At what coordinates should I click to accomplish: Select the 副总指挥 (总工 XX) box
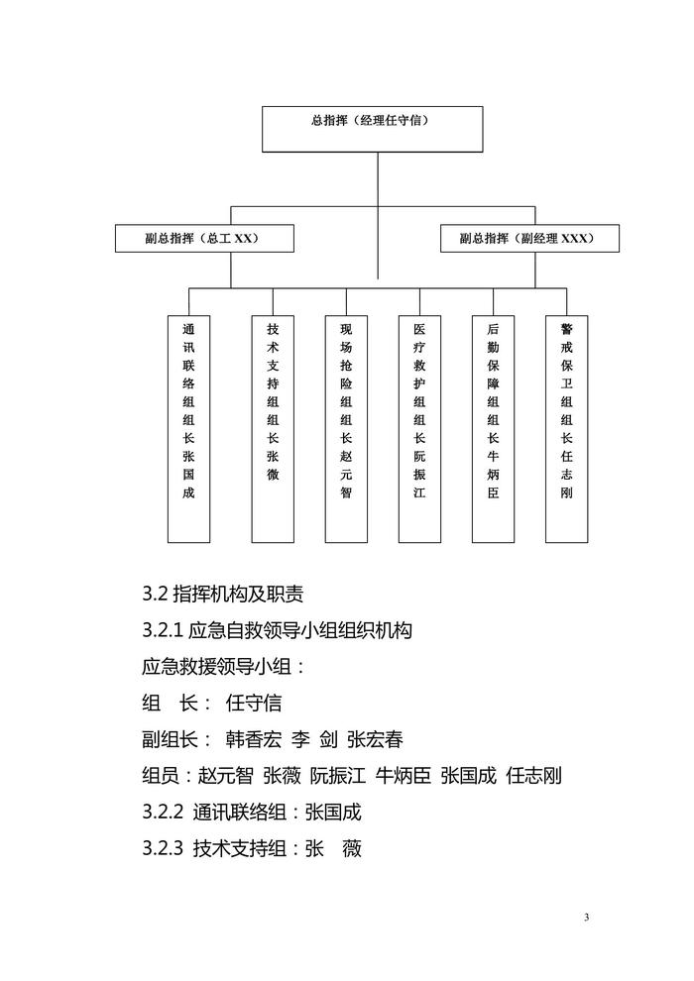pyautogui.click(x=189, y=239)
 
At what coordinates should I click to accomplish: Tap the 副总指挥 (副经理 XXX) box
pyautogui.click(x=530, y=239)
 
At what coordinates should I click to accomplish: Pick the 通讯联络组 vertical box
pyautogui.click(x=188, y=428)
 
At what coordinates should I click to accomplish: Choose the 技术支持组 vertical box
pyautogui.click(x=273, y=428)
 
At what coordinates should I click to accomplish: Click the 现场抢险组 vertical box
pyautogui.click(x=346, y=428)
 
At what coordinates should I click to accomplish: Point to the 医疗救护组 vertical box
pyautogui.click(x=419, y=428)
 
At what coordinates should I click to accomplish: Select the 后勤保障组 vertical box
pyautogui.click(x=493, y=428)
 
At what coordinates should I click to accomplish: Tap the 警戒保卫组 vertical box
pyautogui.click(x=567, y=428)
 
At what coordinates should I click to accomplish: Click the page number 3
pyautogui.click(x=586, y=918)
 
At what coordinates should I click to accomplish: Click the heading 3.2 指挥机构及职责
pyautogui.click(x=223, y=595)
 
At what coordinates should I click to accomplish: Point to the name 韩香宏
pyautogui.click(x=255, y=740)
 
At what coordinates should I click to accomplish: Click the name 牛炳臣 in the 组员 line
pyautogui.click(x=402, y=777)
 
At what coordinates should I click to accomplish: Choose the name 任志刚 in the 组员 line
pyautogui.click(x=534, y=777)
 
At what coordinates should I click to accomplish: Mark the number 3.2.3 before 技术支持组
pyautogui.click(x=163, y=849)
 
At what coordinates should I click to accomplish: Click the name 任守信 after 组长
pyautogui.click(x=254, y=704)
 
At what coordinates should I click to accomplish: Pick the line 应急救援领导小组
pyautogui.click(x=224, y=667)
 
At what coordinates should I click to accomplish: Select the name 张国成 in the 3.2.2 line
pyautogui.click(x=332, y=814)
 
